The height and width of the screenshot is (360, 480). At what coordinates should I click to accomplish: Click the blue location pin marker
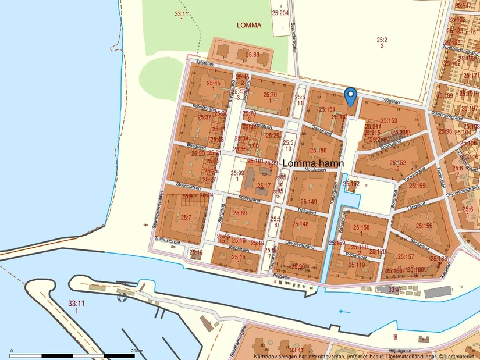pyautogui.click(x=350, y=95)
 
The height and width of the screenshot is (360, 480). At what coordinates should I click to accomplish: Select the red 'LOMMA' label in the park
pyautogui.click(x=249, y=25)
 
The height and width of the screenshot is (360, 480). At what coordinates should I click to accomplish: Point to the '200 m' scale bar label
pyautogui.click(x=137, y=351)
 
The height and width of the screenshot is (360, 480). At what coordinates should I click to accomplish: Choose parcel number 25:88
pyautogui.click(x=252, y=55)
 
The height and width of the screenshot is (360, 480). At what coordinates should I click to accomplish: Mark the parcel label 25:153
pyautogui.click(x=389, y=120)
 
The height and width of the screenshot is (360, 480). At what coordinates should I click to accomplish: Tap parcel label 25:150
pyautogui.click(x=318, y=151)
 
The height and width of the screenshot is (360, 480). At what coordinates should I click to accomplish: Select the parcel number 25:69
pyautogui.click(x=240, y=213)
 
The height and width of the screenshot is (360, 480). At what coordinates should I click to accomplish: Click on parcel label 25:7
pyautogui.click(x=186, y=217)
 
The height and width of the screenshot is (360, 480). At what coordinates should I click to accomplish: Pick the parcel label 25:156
pyautogui.click(x=424, y=226)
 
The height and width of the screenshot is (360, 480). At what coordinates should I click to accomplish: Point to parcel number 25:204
pyautogui.click(x=280, y=12)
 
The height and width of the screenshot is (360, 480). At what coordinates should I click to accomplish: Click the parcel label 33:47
pyautogui.click(x=394, y=288)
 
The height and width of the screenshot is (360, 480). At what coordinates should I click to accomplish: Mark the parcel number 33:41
pyautogui.click(x=297, y=350)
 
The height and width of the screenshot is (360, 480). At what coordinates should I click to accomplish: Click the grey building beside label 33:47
pyautogui.click(x=437, y=292)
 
